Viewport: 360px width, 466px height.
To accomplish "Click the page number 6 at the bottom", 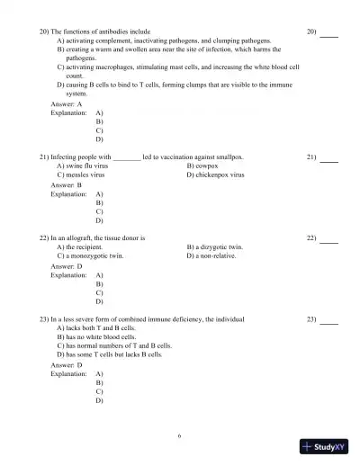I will tap(179, 435).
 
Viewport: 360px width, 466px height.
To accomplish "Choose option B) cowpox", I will tap(202, 166).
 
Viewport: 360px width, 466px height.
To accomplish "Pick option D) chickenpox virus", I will tap(215, 175).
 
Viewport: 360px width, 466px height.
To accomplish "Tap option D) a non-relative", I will tap(211, 255).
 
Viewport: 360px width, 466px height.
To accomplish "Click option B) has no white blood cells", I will tap(96, 336).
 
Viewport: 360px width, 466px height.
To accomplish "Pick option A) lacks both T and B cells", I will tap(95, 328).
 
